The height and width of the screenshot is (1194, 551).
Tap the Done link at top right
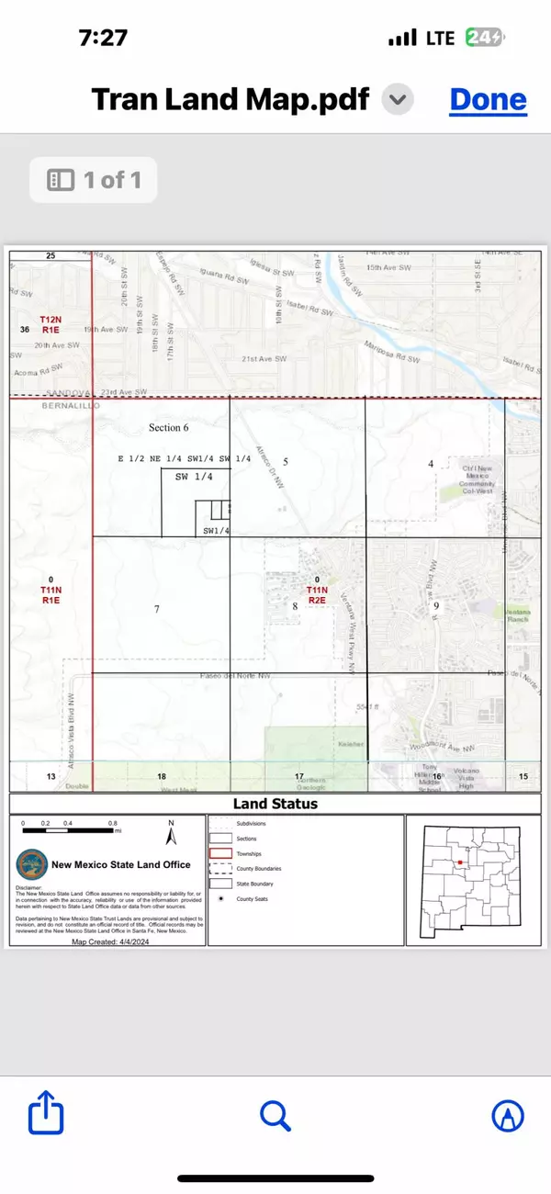[488, 100]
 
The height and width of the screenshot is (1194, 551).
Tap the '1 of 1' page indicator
[94, 180]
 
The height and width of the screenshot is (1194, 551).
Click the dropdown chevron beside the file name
[397, 100]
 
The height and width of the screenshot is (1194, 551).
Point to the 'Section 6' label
[168, 428]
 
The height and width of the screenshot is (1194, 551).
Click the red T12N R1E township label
[49, 323]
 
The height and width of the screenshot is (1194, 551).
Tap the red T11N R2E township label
[317, 594]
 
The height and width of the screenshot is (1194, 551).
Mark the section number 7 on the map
[157, 609]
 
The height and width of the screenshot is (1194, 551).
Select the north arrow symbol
[171, 834]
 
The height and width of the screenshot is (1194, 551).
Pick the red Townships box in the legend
[221, 853]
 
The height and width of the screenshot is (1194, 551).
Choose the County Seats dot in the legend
[221, 897]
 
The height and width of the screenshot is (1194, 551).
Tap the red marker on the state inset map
[458, 863]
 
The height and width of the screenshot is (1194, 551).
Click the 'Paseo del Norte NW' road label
[230, 675]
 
